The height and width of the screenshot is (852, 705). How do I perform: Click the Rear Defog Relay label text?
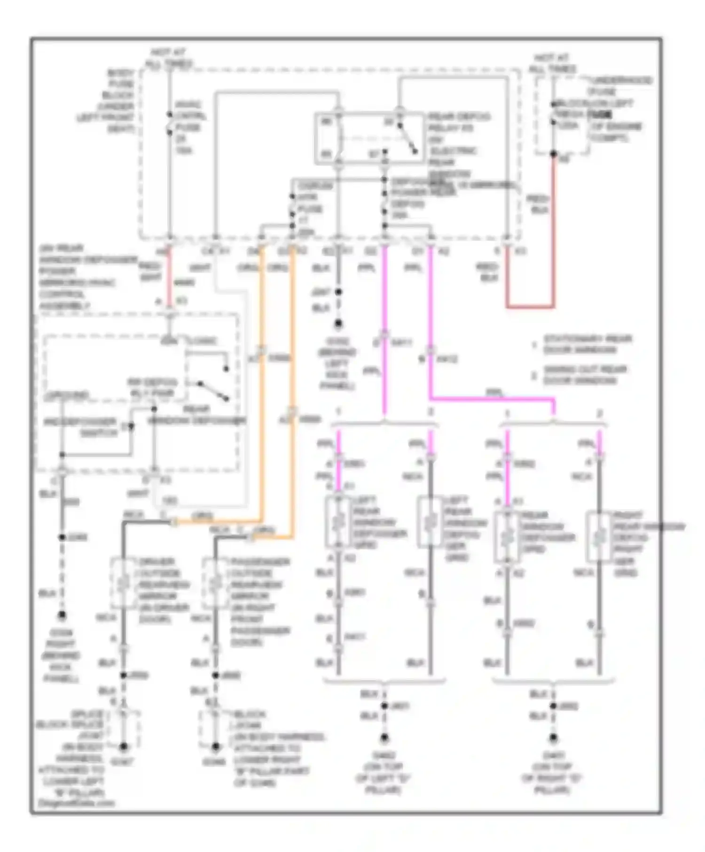(x=459, y=122)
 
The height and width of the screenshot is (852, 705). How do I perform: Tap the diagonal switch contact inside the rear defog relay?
(x=407, y=139)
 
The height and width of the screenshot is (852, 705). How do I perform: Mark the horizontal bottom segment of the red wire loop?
(x=530, y=307)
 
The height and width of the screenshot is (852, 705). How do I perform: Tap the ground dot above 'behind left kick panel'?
(x=338, y=324)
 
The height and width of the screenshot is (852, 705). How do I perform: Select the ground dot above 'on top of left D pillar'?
(x=384, y=738)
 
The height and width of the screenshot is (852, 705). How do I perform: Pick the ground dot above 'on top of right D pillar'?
(x=553, y=738)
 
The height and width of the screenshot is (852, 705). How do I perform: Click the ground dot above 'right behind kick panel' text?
(x=62, y=614)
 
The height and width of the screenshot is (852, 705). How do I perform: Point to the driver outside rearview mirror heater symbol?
(x=123, y=583)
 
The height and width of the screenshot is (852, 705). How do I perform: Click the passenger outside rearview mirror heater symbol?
(x=215, y=583)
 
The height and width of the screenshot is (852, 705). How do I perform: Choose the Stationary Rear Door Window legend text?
(x=587, y=344)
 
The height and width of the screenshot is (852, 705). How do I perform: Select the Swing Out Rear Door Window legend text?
(x=585, y=375)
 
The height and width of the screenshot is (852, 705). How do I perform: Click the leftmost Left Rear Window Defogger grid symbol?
(x=338, y=522)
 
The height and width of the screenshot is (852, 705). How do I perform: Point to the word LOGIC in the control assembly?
(x=202, y=341)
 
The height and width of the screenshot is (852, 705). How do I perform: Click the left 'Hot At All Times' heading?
(x=169, y=58)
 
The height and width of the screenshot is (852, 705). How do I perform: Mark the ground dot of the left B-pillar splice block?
(x=123, y=746)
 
